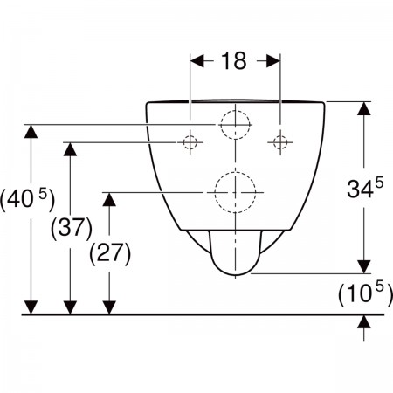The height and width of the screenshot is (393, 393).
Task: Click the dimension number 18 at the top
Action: [234, 61]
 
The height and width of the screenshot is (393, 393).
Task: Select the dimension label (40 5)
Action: [27, 199]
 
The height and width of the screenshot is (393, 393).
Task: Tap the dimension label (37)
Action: [72, 227]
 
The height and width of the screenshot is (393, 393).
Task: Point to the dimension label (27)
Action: [110, 252]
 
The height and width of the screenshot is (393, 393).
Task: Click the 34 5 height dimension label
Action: [365, 189]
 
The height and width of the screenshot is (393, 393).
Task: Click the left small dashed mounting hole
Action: [190, 142]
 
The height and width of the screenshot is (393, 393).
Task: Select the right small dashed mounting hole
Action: [280, 142]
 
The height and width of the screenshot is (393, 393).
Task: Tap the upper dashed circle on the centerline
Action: [221, 125]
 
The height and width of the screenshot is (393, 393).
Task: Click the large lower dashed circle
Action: [215, 192]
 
